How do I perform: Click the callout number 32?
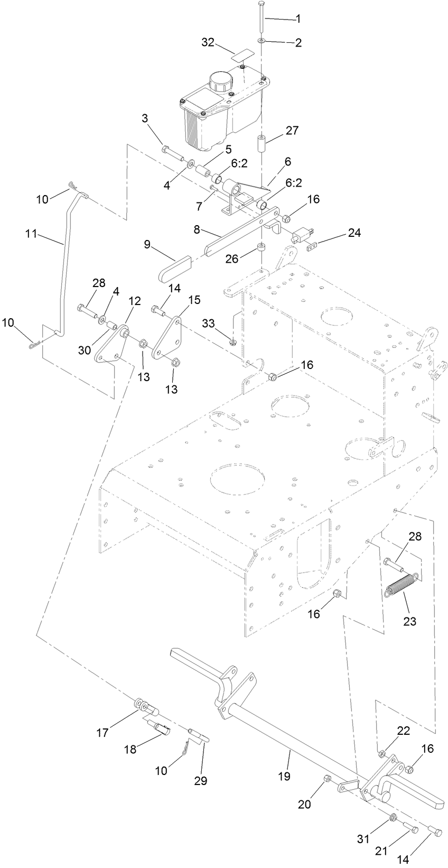pyautogui.click(x=208, y=42)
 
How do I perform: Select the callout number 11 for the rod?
pyautogui.click(x=31, y=234)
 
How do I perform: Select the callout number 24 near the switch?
pyautogui.click(x=354, y=233)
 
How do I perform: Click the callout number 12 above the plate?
pyautogui.click(x=135, y=300)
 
